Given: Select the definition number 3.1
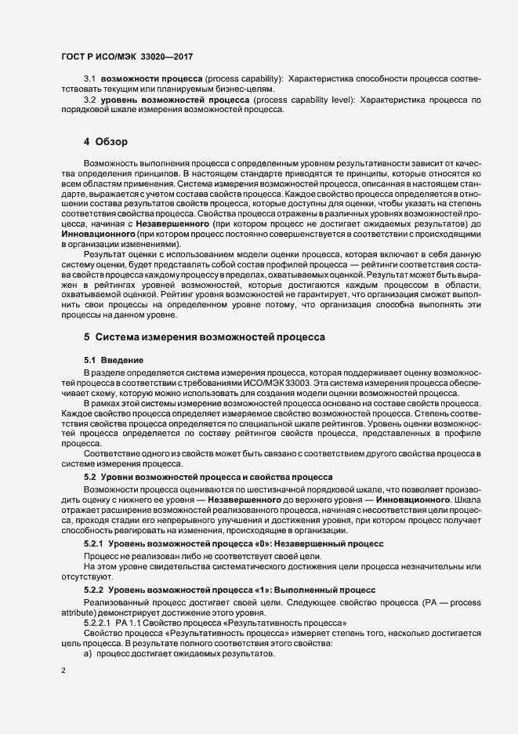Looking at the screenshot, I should click(x=89, y=80).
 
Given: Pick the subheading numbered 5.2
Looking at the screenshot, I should click(x=90, y=477).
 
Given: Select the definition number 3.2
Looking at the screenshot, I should click(x=89, y=100).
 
